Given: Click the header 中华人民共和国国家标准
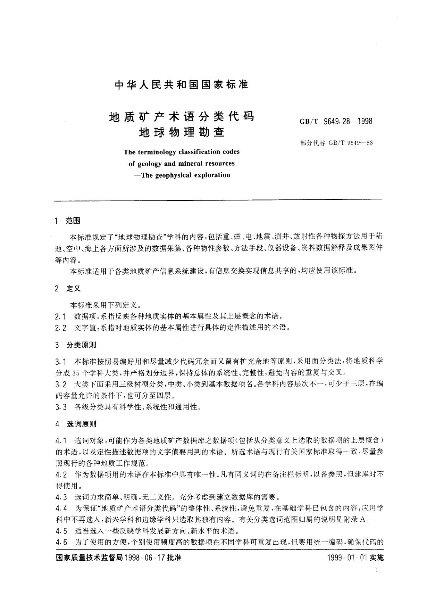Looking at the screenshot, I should [x=181, y=85].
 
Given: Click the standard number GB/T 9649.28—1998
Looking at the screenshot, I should [x=336, y=121].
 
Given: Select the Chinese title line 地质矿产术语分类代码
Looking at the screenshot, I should [x=181, y=117].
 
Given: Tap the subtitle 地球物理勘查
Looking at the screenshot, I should [x=181, y=132].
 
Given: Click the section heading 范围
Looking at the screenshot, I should [x=73, y=221].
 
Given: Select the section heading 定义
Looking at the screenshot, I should [x=73, y=289].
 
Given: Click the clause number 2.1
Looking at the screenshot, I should [x=61, y=317].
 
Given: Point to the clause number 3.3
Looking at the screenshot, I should [x=61, y=407].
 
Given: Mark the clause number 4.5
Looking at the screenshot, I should [x=61, y=530].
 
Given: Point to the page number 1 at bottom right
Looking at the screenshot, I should [x=375, y=570].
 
